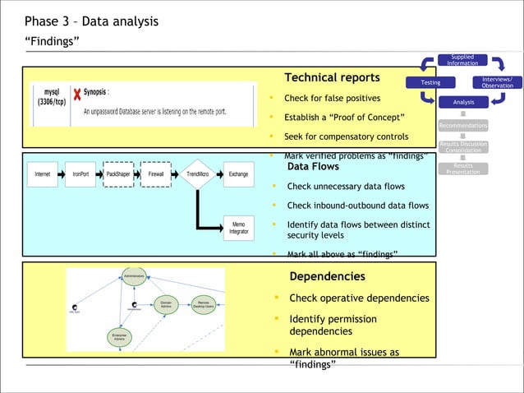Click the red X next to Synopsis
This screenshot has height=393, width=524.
[76, 95]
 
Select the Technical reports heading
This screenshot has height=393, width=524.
[332, 78]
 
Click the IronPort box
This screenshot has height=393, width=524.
[80, 174]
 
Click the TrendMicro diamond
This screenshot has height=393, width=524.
[197, 174]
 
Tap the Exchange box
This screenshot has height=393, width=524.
[238, 174]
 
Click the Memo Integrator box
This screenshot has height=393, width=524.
[238, 229]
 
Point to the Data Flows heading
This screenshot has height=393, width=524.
[313, 167]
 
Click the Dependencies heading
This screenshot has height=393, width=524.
[327, 276]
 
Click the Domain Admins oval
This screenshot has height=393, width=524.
[165, 304]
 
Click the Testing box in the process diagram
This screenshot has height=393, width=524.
[430, 82]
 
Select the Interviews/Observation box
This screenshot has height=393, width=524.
[497, 82]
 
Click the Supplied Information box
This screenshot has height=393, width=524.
[462, 61]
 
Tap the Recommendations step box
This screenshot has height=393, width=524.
[462, 126]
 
